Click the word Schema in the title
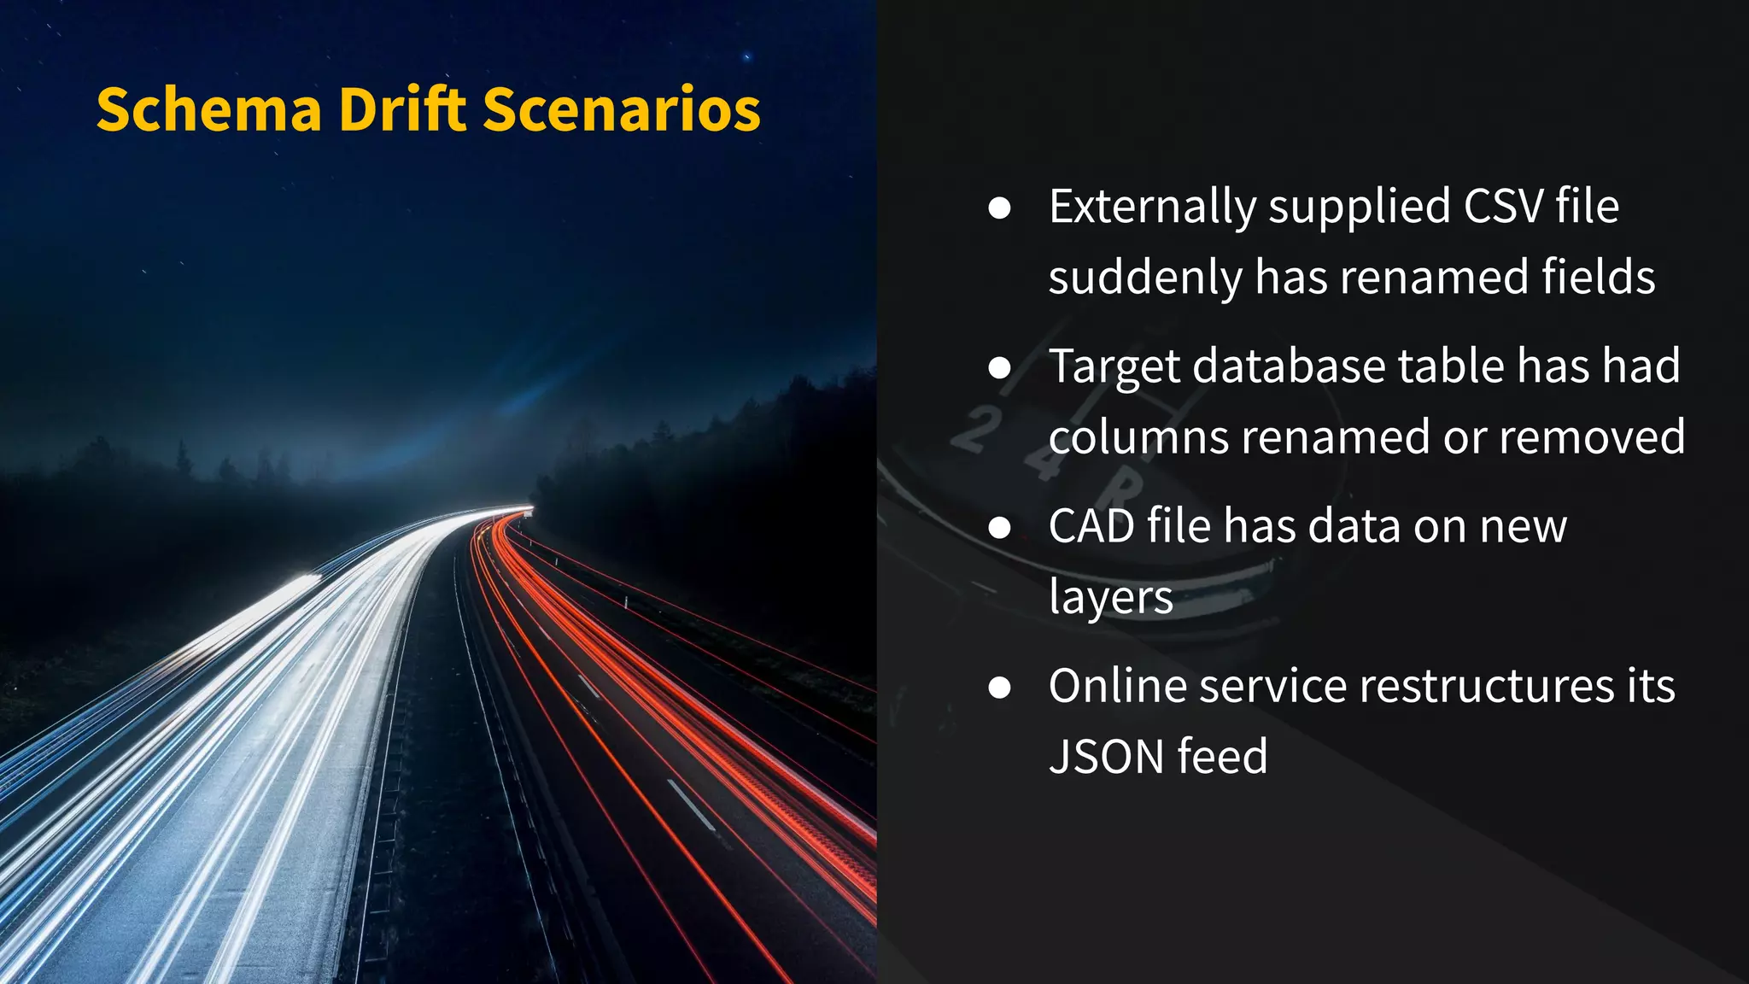[208, 110]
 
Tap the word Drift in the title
[402, 110]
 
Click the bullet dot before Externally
[999, 208]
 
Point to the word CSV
[1504, 207]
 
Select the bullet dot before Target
[999, 368]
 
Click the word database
[1288, 366]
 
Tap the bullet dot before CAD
[999, 528]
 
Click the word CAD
[1091, 526]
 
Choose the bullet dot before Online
[999, 688]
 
